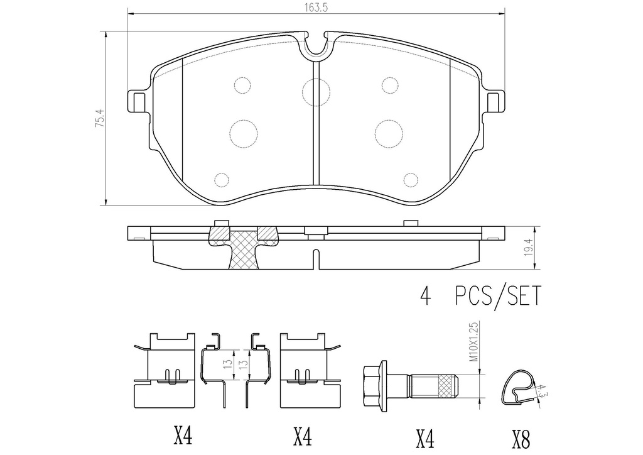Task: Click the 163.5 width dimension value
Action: [316, 8]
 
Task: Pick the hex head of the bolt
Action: [376, 383]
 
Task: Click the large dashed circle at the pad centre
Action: [316, 92]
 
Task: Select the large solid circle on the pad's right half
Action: [389, 131]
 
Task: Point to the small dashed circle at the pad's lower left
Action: [221, 180]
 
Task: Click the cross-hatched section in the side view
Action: [244, 249]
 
